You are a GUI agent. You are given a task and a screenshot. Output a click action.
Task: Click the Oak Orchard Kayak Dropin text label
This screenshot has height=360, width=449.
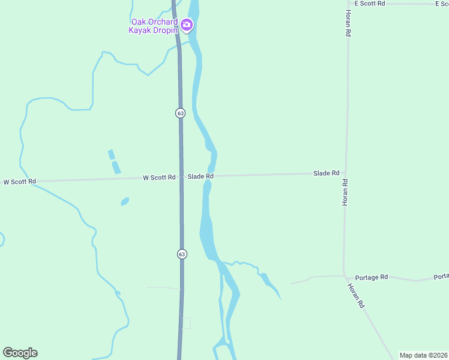tap(154, 26)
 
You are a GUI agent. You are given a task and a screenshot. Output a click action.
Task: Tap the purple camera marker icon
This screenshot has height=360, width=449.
tap(187, 25)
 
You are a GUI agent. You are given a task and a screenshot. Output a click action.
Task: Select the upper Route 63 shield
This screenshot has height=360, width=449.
tap(180, 113)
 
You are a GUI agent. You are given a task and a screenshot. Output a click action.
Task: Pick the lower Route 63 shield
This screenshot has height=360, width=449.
tap(182, 254)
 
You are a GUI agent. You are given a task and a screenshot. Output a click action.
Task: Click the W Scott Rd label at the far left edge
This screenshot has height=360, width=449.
tap(20, 181)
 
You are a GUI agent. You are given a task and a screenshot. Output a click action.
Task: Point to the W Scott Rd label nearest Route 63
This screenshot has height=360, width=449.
tap(159, 177)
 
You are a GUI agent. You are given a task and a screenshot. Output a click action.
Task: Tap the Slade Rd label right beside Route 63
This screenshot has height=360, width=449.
tap(200, 176)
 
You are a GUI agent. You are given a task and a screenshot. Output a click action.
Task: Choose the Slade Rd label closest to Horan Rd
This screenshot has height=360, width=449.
tap(326, 173)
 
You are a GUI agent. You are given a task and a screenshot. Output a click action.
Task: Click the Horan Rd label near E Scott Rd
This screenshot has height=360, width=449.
tap(348, 23)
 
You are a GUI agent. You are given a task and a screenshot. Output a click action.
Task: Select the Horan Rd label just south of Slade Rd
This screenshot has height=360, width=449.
tap(345, 193)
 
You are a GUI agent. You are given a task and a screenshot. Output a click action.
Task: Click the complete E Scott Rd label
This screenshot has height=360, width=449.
tap(369, 4)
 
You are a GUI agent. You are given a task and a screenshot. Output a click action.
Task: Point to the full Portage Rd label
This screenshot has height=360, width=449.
tap(371, 277)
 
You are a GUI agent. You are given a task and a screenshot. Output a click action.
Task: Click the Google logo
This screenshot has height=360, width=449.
tap(20, 353)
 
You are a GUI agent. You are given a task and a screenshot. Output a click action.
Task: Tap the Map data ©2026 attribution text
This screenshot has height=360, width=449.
tap(423, 355)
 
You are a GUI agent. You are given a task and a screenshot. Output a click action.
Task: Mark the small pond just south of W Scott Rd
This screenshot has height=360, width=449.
tap(124, 202)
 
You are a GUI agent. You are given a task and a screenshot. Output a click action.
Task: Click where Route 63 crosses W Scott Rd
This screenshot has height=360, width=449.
tap(181, 177)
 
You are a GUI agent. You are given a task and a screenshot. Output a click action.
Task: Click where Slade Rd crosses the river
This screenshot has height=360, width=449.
tap(210, 176)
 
